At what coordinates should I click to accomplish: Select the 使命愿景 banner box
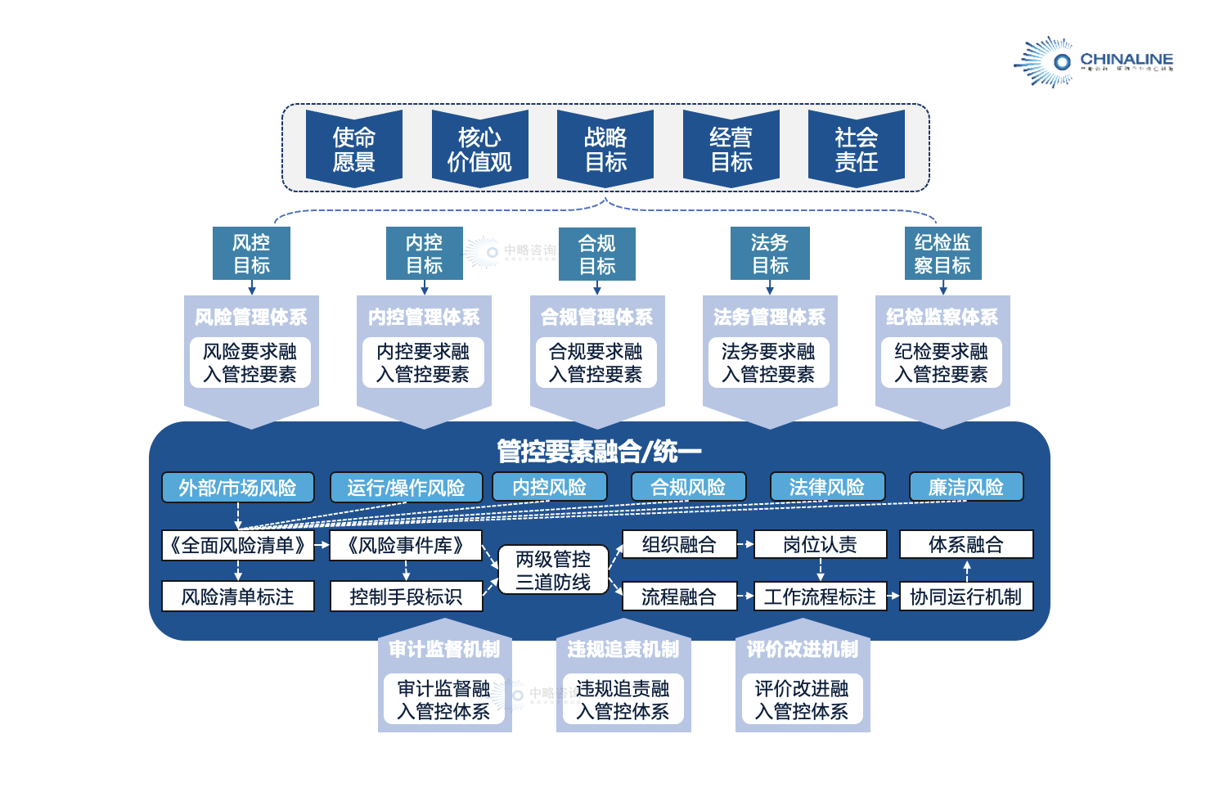[353, 149]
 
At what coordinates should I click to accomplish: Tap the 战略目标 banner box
[605, 149]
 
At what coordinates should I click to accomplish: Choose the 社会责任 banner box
[856, 149]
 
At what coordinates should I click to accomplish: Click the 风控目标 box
[251, 254]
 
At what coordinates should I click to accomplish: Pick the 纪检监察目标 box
[942, 254]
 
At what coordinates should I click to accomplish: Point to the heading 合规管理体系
[596, 317]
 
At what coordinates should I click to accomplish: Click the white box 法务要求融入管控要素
[768, 362]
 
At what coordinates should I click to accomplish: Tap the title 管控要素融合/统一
[599, 451]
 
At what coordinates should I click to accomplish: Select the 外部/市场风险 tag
[237, 488]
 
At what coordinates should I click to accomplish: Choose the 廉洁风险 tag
[965, 488]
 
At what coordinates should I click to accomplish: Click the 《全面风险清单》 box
[237, 545]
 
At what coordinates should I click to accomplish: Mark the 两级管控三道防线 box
[553, 570]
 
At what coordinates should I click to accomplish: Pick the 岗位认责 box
[820, 545]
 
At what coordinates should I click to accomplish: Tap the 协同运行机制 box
[965, 597]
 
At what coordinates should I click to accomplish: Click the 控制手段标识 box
[406, 597]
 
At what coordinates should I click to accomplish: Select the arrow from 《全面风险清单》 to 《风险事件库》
[322, 545]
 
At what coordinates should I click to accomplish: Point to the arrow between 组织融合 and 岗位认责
[745, 544]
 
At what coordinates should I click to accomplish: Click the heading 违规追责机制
[623, 649]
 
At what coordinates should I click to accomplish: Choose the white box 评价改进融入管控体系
[802, 700]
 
